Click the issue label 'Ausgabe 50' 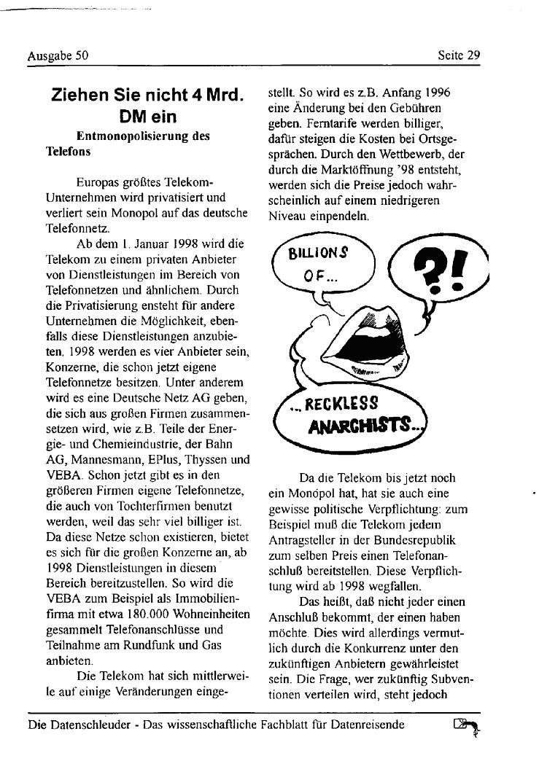tap(58, 55)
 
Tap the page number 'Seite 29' tap(459, 55)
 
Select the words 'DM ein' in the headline tap(149, 117)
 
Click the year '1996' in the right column tap(438, 93)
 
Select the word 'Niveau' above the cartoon tap(287, 216)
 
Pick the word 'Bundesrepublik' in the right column tap(419, 540)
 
